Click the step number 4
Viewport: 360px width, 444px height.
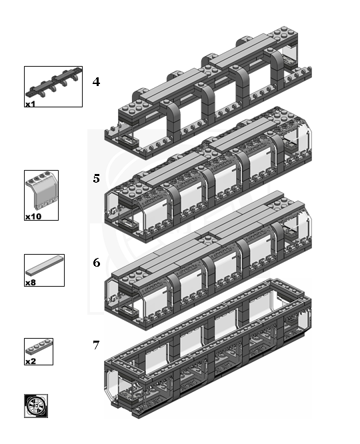click(97, 82)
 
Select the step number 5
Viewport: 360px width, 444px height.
click(97, 179)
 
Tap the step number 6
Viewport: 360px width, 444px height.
click(97, 262)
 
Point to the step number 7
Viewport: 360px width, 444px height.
click(97, 345)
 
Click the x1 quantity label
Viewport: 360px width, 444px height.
click(31, 104)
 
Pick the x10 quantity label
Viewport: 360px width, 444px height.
click(33, 217)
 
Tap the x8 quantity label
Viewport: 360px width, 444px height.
click(31, 283)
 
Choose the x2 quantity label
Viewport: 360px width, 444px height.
click(31, 361)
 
